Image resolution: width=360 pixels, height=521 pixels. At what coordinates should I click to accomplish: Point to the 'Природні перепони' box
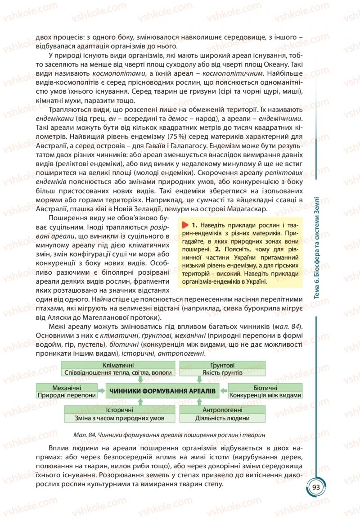tap(67, 395)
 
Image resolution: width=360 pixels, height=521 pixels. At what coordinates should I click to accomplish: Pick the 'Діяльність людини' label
tap(222, 418)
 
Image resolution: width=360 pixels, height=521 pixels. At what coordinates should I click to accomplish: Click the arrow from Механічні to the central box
tap(102, 391)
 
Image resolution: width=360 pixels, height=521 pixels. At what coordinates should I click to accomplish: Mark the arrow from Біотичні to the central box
tap(223, 391)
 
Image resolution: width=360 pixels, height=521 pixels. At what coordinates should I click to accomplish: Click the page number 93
tap(315, 488)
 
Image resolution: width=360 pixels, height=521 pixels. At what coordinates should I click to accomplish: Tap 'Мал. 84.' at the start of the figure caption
tap(85, 435)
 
